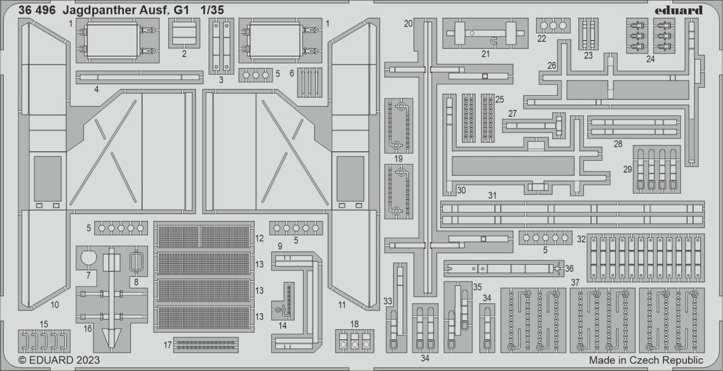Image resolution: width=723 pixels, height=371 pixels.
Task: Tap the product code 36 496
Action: click(37, 10)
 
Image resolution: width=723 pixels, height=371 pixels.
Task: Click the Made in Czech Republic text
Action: click(646, 360)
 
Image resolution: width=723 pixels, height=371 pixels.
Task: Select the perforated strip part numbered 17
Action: click(205, 345)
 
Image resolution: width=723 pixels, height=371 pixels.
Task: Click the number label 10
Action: click(55, 304)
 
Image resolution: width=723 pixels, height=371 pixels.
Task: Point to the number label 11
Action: click(341, 304)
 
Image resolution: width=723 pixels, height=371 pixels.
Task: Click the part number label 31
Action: click(492, 195)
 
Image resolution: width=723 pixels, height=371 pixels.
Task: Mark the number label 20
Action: click(408, 23)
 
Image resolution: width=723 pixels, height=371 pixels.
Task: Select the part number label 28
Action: click(618, 144)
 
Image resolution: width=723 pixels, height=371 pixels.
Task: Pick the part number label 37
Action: click(575, 282)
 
